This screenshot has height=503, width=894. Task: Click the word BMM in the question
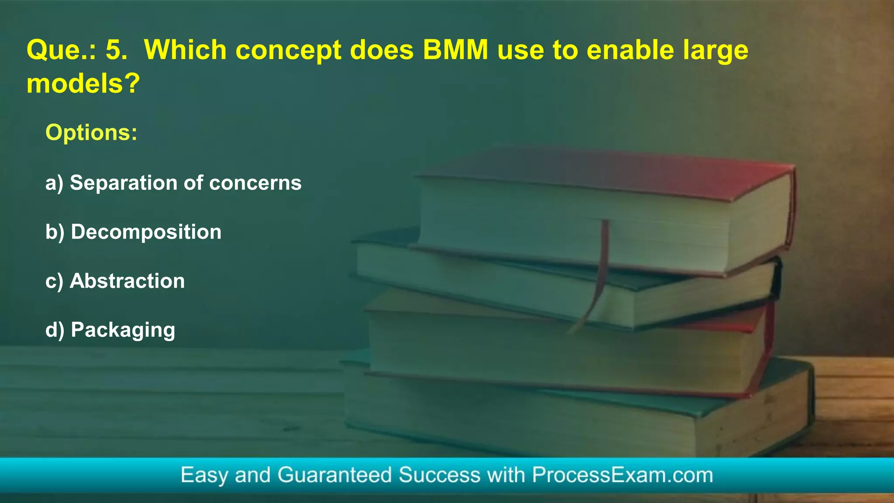click(x=455, y=50)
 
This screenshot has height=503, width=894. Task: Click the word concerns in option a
click(x=255, y=183)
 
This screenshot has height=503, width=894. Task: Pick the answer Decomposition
click(x=146, y=232)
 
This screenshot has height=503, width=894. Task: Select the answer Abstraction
click(x=127, y=281)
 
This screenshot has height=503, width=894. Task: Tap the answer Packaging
click(x=123, y=330)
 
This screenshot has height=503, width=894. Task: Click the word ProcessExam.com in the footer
click(x=622, y=475)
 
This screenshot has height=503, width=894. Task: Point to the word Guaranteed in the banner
click(x=334, y=475)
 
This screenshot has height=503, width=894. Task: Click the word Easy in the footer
click(x=204, y=475)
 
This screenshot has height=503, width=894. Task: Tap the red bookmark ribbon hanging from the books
click(x=600, y=271)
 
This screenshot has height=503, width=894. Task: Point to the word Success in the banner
click(x=440, y=475)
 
